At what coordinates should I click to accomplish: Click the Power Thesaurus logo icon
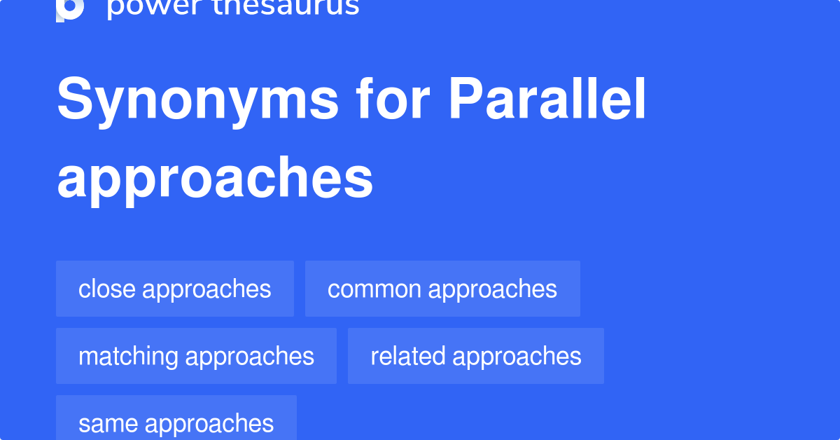(x=70, y=8)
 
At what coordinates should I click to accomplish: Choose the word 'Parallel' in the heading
(x=547, y=101)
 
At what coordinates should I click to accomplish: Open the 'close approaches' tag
(x=175, y=289)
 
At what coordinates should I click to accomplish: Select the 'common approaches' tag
(x=442, y=289)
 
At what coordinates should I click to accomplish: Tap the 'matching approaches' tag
(x=196, y=356)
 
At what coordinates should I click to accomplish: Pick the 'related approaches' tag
(x=476, y=356)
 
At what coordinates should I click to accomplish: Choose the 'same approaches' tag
(x=176, y=422)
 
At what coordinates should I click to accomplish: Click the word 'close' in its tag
(x=108, y=289)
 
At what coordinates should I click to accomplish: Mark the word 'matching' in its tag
(x=128, y=356)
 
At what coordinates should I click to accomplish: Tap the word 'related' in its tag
(x=408, y=356)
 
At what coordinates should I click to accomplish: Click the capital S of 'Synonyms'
(x=73, y=101)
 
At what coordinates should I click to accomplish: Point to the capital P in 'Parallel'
(x=463, y=101)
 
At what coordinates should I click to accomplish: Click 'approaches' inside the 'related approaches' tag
(x=517, y=356)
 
